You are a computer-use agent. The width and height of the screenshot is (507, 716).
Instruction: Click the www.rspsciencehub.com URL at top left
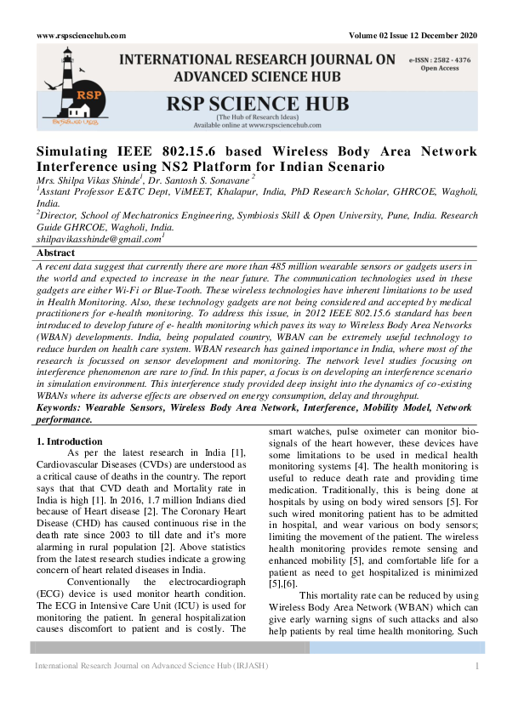pos(81,35)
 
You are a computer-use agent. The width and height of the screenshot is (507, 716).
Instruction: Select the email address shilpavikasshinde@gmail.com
pos(98,240)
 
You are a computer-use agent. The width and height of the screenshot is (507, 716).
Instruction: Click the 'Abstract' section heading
pos(56,253)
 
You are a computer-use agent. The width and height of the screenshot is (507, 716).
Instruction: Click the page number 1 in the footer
pos(478,666)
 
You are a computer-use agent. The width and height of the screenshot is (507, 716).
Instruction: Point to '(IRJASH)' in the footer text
pos(248,666)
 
